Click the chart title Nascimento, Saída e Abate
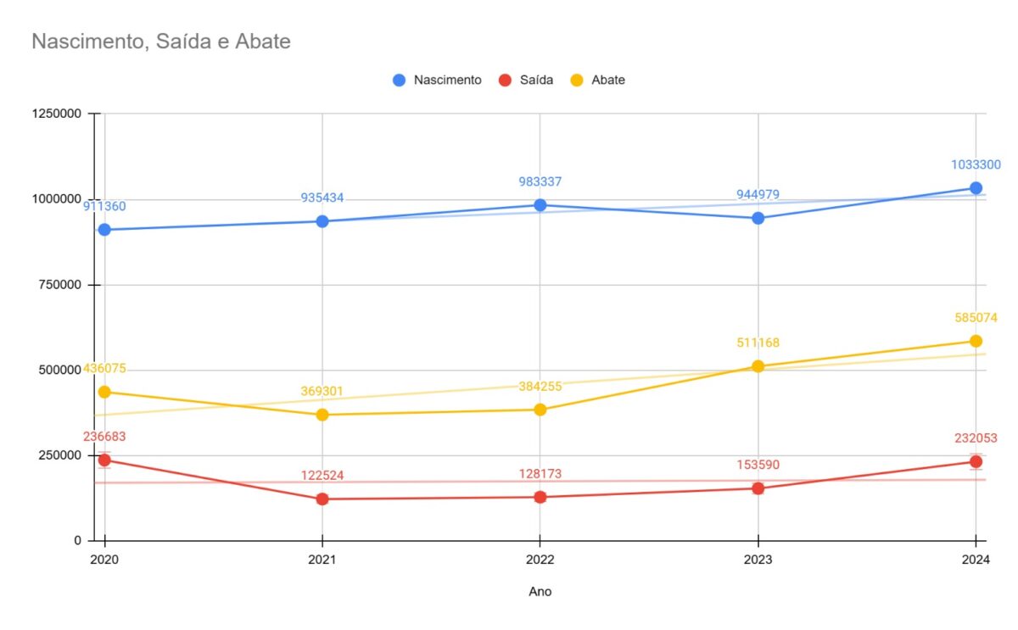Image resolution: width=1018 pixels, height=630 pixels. pos(161,42)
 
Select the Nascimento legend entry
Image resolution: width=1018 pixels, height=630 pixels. pos(437,80)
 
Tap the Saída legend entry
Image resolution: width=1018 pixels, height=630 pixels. pos(526,80)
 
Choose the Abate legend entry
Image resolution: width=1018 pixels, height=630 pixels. pos(597,80)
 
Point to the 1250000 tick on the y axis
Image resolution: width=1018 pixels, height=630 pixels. pos(56,113)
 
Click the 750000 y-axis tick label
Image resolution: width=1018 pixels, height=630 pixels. pos(60,285)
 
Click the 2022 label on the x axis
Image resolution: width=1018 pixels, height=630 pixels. pos(540,560)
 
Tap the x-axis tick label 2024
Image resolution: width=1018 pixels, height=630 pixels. pos(976,560)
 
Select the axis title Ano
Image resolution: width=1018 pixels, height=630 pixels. pos(540,591)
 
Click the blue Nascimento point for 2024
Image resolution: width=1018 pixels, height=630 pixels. pos(976,188)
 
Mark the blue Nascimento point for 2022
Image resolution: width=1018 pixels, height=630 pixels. pos(540,205)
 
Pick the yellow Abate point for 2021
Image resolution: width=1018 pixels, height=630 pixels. pos(322,415)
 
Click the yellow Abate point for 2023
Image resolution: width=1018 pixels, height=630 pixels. pos(758,366)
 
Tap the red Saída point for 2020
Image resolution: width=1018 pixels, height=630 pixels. pos(104,460)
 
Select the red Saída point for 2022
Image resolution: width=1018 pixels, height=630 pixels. pos(540,497)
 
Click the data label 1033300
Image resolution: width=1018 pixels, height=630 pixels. pos(976,164)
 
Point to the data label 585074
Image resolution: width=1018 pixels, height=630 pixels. pos(976,317)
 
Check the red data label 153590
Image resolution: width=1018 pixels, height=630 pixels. pos(758,465)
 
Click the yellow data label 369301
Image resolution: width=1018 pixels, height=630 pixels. pos(322,391)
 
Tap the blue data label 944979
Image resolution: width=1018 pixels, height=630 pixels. pos(758,194)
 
